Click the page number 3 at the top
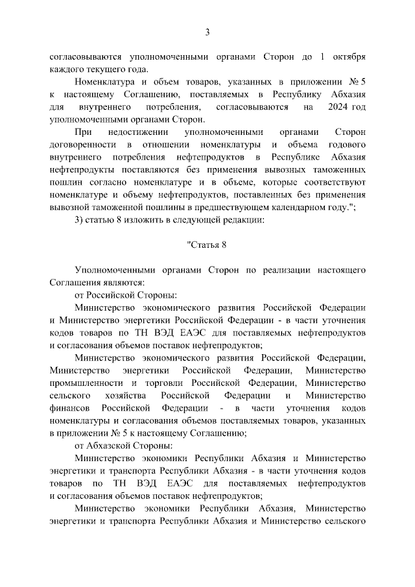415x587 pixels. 207,32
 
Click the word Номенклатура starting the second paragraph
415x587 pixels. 104,82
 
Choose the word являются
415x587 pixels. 124,282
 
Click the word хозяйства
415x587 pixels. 128,395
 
